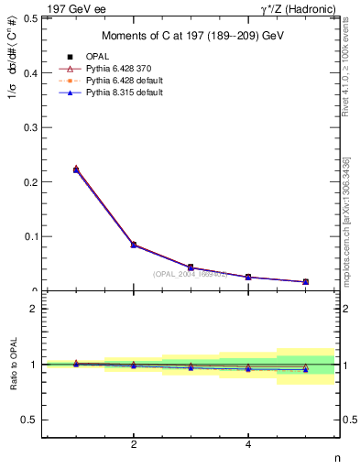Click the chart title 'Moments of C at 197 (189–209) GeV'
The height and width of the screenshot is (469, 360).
click(x=191, y=36)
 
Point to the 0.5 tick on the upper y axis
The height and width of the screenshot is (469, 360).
click(x=32, y=17)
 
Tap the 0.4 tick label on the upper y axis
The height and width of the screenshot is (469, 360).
click(x=32, y=72)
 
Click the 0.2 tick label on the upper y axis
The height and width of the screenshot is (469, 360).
click(x=32, y=181)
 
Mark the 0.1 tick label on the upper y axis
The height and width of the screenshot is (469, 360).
click(x=32, y=236)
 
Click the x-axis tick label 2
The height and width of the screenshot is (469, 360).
click(x=134, y=445)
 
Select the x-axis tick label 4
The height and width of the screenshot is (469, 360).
click(x=248, y=445)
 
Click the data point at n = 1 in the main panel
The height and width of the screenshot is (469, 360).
click(x=76, y=169)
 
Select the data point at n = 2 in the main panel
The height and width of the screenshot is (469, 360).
click(x=134, y=245)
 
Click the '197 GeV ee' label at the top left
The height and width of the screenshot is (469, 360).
click(x=72, y=8)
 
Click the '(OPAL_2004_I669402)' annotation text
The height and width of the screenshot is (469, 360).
click(x=191, y=274)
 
